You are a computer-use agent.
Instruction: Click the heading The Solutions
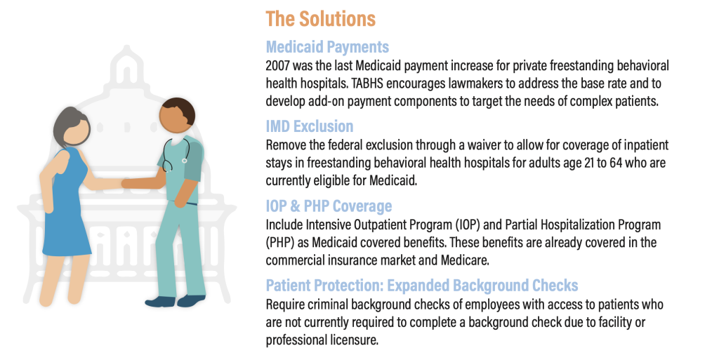pos(320,19)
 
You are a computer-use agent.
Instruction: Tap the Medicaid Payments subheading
pos(327,47)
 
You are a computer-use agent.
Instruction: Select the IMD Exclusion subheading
pos(310,126)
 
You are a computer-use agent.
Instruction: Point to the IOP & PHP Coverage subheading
pos(329,206)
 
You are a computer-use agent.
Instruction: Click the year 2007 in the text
pos(277,65)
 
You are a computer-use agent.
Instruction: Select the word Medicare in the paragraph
pos(465,260)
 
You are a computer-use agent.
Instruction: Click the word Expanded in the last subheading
pos(418,286)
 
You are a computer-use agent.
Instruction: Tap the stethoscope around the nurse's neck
pos(175,154)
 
